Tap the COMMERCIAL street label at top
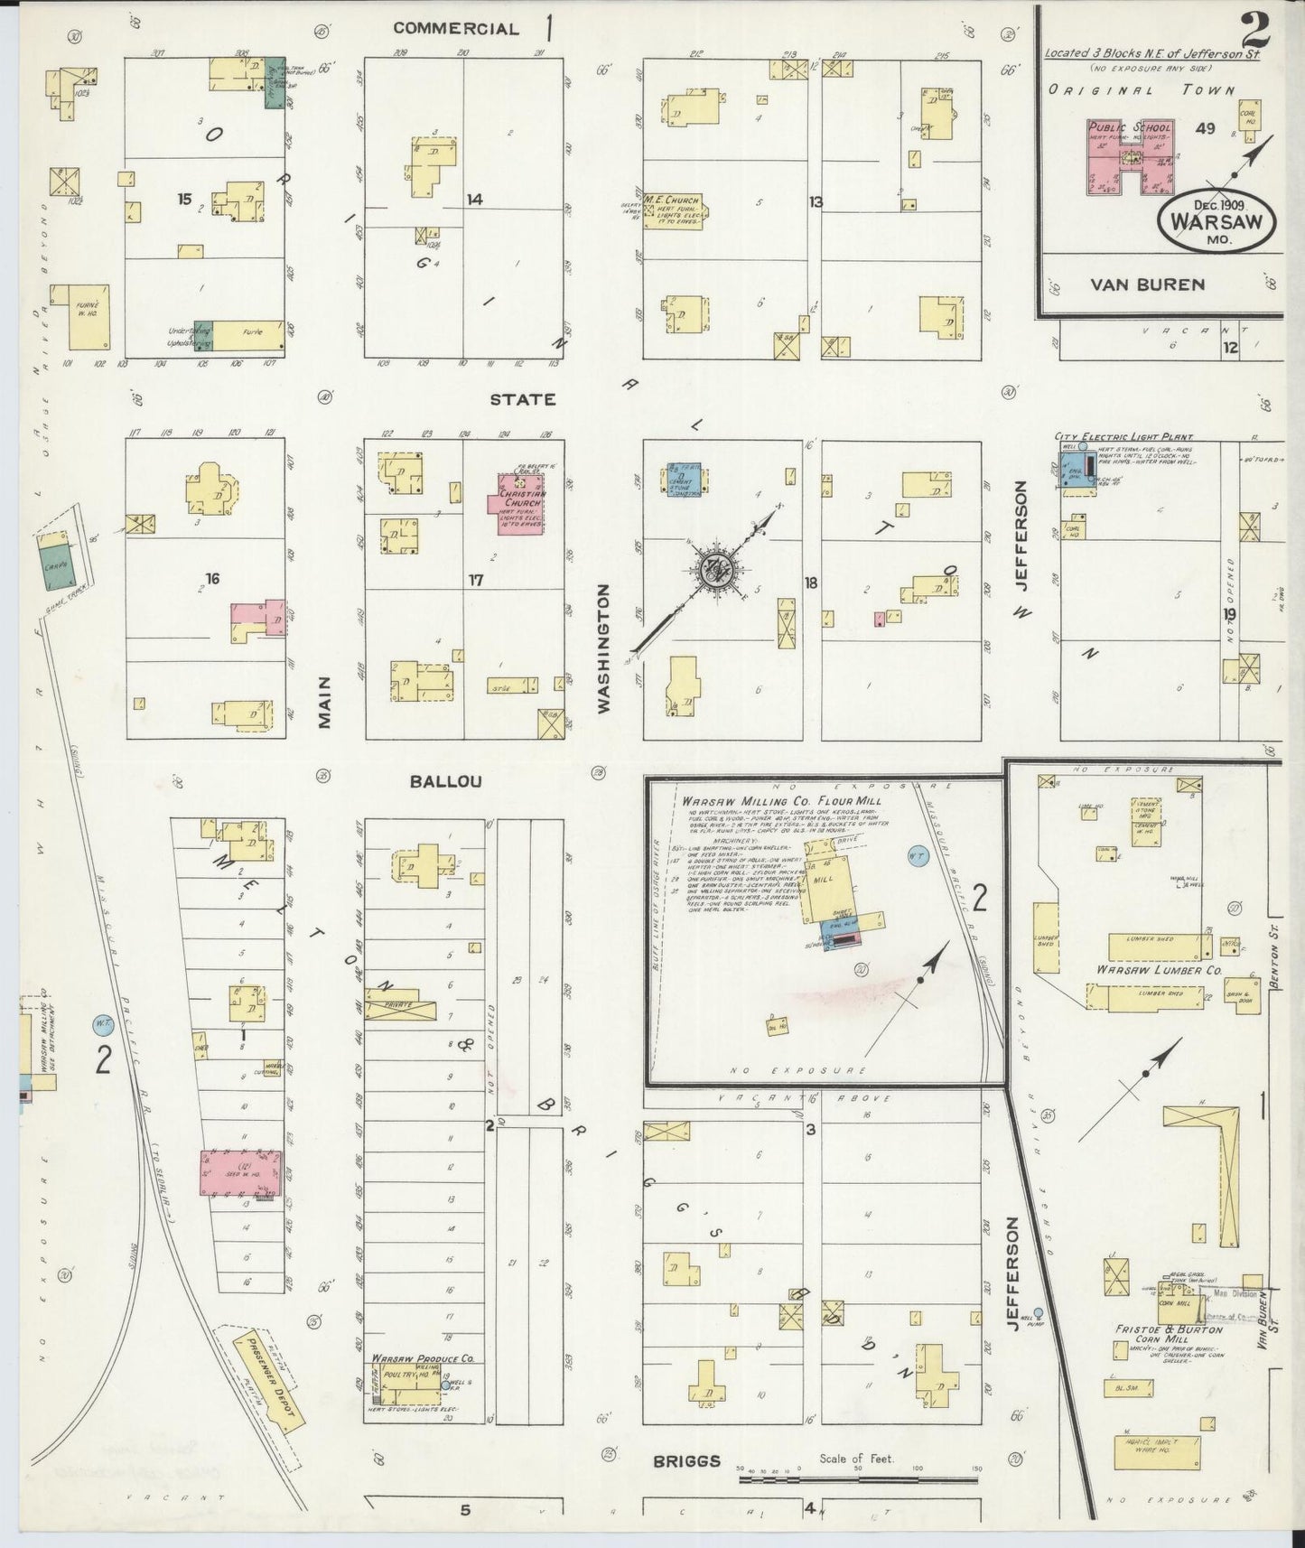tap(456, 29)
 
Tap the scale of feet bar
tap(858, 1478)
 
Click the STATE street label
tap(523, 399)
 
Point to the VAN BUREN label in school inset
tap(1147, 285)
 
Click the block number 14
tap(475, 200)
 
